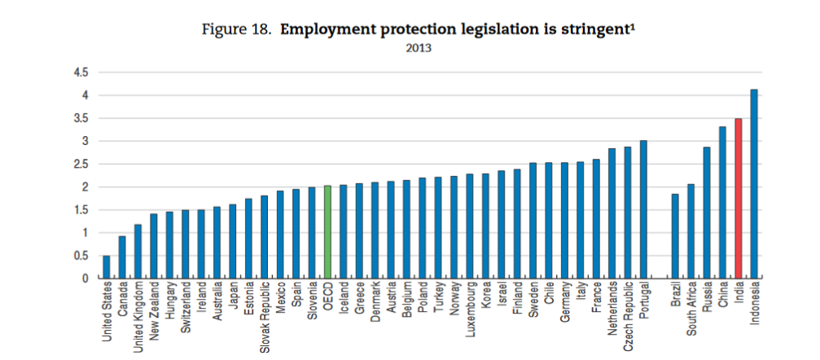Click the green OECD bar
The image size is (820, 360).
click(x=327, y=232)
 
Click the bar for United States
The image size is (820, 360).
click(x=107, y=267)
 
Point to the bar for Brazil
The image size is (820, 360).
click(x=675, y=236)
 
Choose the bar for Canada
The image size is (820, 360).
click(x=122, y=257)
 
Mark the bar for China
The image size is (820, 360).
click(x=722, y=203)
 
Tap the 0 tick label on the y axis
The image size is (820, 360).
click(x=84, y=279)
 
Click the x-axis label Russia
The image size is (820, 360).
click(x=707, y=301)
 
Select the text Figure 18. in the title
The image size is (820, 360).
click(x=237, y=30)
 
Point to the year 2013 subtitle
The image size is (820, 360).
click(x=419, y=47)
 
